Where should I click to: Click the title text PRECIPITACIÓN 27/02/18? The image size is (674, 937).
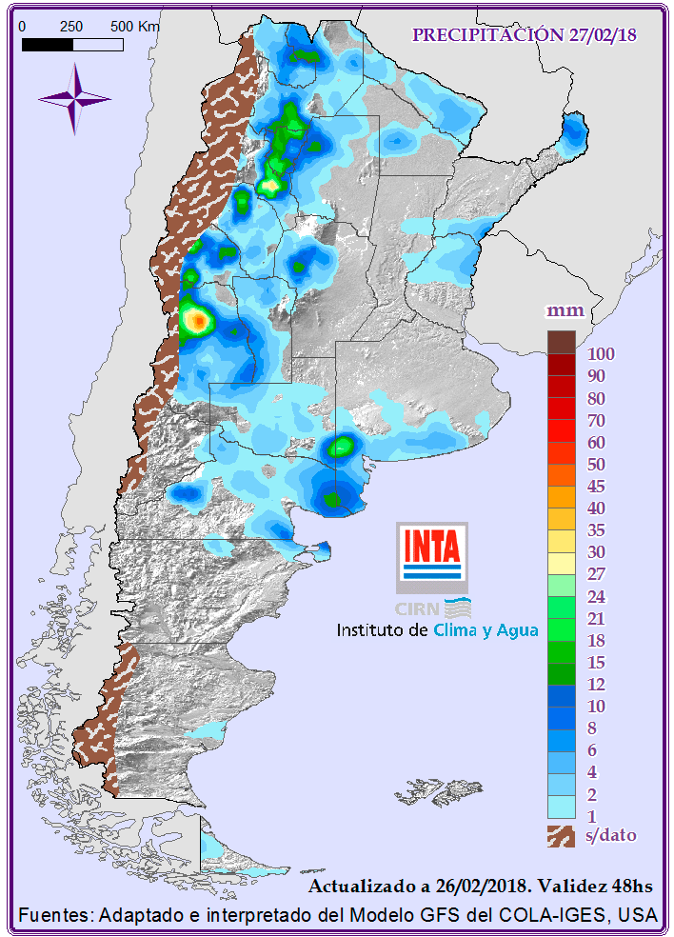[524, 35]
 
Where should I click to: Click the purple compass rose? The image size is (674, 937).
[73, 98]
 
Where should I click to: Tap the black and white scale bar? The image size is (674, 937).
[74, 44]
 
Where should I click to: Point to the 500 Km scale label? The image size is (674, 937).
[135, 27]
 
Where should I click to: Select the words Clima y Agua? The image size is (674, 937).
[486, 629]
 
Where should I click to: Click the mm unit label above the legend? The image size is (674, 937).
[564, 311]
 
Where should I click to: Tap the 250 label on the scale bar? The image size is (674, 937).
[71, 27]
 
